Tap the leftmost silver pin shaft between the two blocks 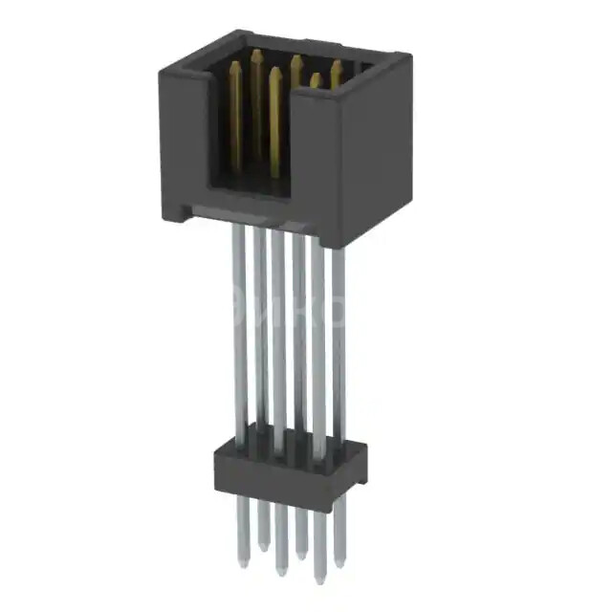pos(239,325)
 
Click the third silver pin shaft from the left pos(278,335)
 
